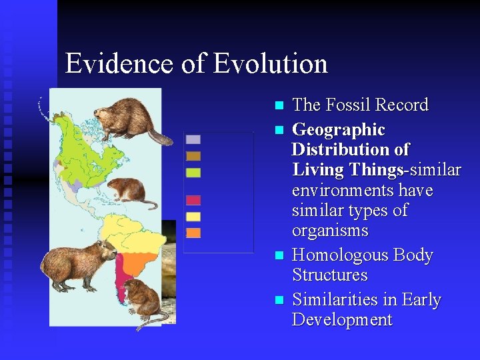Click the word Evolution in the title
point(271,64)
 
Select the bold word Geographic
point(339,129)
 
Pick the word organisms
point(330,231)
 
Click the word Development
point(342,320)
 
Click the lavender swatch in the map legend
point(193,139)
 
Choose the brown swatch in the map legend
point(193,156)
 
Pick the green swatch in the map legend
point(193,173)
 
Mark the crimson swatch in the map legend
point(193,200)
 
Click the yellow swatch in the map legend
point(193,217)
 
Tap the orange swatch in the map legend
point(193,233)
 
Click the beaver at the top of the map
point(133,120)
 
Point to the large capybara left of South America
point(77,265)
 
